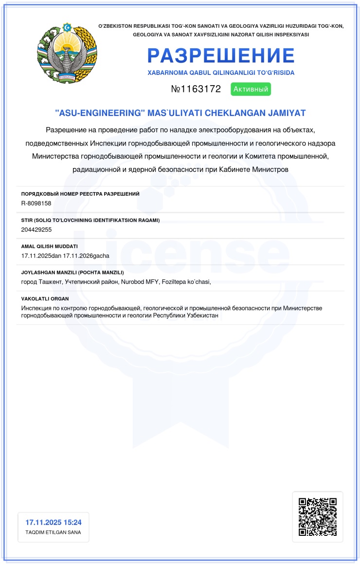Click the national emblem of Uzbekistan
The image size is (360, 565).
click(x=67, y=53)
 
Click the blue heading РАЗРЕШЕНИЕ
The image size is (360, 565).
click(x=221, y=56)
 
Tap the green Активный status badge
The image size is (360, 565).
click(x=252, y=89)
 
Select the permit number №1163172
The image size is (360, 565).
click(x=196, y=89)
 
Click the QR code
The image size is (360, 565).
click(x=317, y=517)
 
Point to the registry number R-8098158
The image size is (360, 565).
click(x=36, y=203)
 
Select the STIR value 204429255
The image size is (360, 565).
click(x=36, y=229)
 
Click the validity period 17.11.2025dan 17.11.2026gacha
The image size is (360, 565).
click(x=65, y=255)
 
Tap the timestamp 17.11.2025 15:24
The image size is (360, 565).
click(x=54, y=522)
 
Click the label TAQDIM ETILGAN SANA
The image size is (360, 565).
click(x=53, y=532)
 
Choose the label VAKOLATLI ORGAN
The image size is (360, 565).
click(x=45, y=299)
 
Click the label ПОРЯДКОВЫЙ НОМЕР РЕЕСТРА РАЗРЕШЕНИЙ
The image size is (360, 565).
click(x=80, y=194)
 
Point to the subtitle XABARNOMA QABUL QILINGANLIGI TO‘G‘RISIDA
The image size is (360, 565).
click(x=221, y=73)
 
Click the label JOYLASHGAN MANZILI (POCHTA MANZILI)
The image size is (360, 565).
click(x=72, y=273)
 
